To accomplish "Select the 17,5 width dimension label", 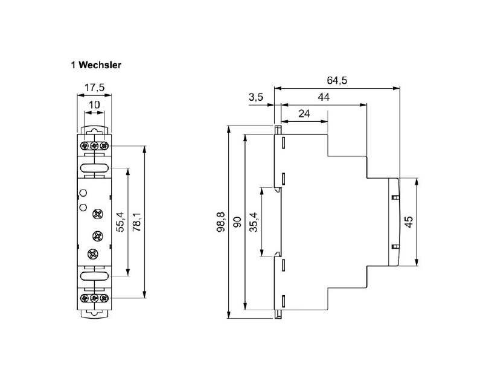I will pos(94,88).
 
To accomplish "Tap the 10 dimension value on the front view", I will pos(94,105).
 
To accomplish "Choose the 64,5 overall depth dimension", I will pos(337,80).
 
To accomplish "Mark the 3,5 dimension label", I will pos(256,97).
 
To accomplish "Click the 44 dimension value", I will pos(324,97).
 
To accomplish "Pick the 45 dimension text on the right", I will pos(409,222).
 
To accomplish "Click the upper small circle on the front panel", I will pos(84,194).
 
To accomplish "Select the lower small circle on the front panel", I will pos(84,208).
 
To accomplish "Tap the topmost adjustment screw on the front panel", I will pos(97,214).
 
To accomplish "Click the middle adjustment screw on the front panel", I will pos(95,234).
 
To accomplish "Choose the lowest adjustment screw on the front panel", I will pos(93,254).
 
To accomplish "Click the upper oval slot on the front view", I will pos(94,168).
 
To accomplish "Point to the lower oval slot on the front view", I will pos(94,276).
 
